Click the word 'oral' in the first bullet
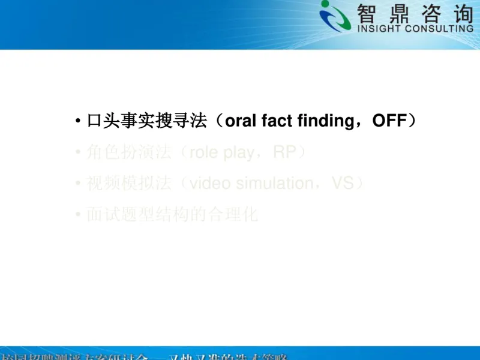coord(241,121)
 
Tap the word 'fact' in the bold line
coord(278,121)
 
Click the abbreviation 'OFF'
coord(389,121)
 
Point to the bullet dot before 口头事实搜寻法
coord(78,122)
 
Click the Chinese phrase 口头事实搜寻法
coord(147,121)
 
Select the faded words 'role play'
coord(221,152)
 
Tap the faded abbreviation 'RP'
coord(285,152)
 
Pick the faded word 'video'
coord(209,184)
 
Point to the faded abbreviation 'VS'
coord(343,184)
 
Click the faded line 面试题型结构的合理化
coord(172,215)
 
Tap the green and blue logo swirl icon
coord(335,16)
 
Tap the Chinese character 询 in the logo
coord(460,13)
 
